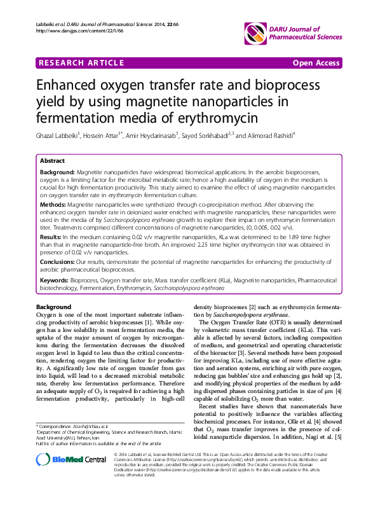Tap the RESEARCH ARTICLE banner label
[81, 64]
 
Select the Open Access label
[316, 64]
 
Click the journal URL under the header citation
[72, 30]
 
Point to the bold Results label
[51, 236]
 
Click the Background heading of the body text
[53, 307]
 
